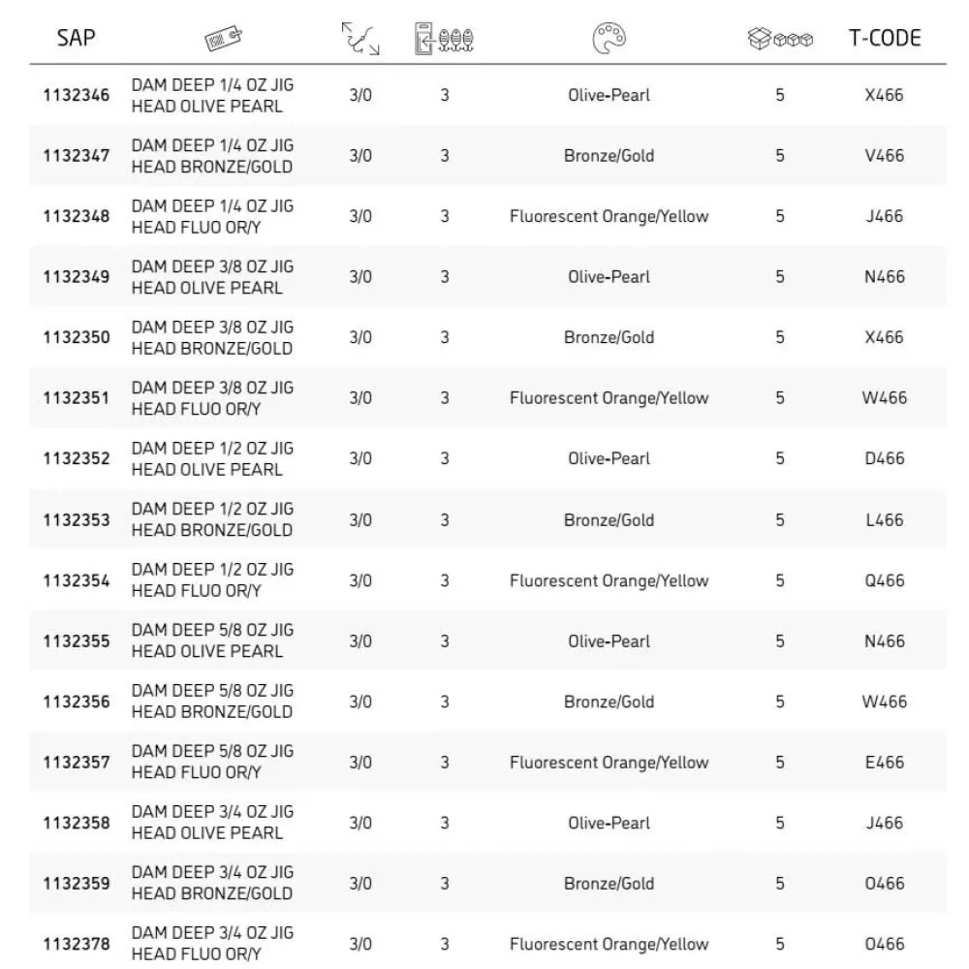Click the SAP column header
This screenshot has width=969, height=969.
77,39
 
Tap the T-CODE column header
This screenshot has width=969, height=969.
884,39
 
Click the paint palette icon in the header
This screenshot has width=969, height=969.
609,39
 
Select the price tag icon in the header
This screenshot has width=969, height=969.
223,40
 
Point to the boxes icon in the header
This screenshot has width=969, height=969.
780,40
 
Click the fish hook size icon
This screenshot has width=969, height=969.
360,40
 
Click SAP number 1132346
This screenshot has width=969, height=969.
77,95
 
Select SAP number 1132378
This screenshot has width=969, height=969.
77,944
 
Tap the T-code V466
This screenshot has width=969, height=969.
884,155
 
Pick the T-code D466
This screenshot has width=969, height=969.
884,458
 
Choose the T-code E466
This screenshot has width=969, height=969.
884,763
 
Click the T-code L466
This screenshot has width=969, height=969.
884,519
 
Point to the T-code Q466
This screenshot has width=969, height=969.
884,580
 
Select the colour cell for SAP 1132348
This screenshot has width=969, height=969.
609,216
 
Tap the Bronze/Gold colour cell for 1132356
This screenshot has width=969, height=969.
609,702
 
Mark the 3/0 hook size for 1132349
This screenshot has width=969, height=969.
360,276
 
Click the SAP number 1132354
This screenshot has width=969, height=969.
77,580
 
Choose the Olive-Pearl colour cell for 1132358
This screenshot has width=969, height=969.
609,823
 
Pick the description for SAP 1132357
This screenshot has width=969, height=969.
211,763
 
